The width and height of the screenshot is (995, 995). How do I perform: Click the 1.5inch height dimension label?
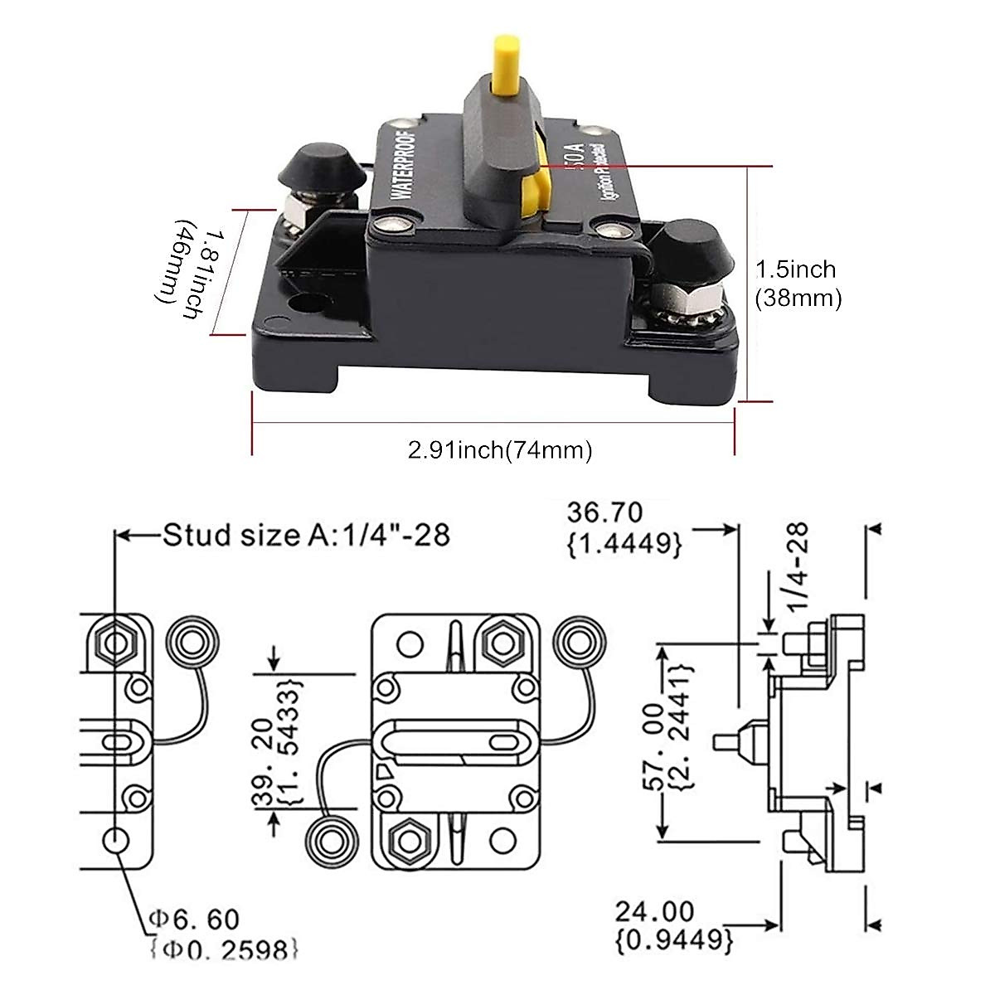tap(797, 283)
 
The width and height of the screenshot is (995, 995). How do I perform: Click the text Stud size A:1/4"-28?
tap(306, 535)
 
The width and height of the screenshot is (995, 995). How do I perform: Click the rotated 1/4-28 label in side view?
tap(797, 565)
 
